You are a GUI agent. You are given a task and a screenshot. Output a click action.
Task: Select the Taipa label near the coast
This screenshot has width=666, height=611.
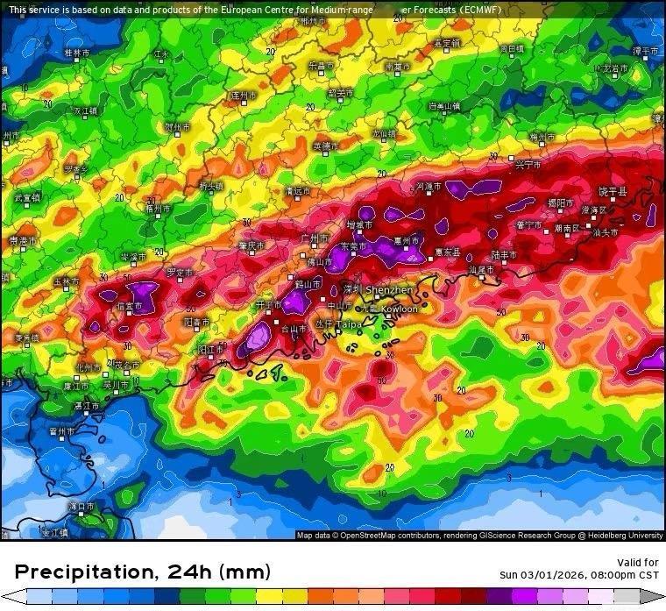click(x=350, y=324)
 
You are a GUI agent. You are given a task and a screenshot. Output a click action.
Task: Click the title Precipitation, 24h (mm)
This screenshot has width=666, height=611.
click(x=143, y=572)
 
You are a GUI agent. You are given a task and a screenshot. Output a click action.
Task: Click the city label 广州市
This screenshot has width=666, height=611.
click(x=314, y=238)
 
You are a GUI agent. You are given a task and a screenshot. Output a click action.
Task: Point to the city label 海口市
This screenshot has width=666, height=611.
click(x=80, y=507)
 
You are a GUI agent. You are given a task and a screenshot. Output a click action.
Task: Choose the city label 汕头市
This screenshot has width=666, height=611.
click(x=606, y=233)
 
